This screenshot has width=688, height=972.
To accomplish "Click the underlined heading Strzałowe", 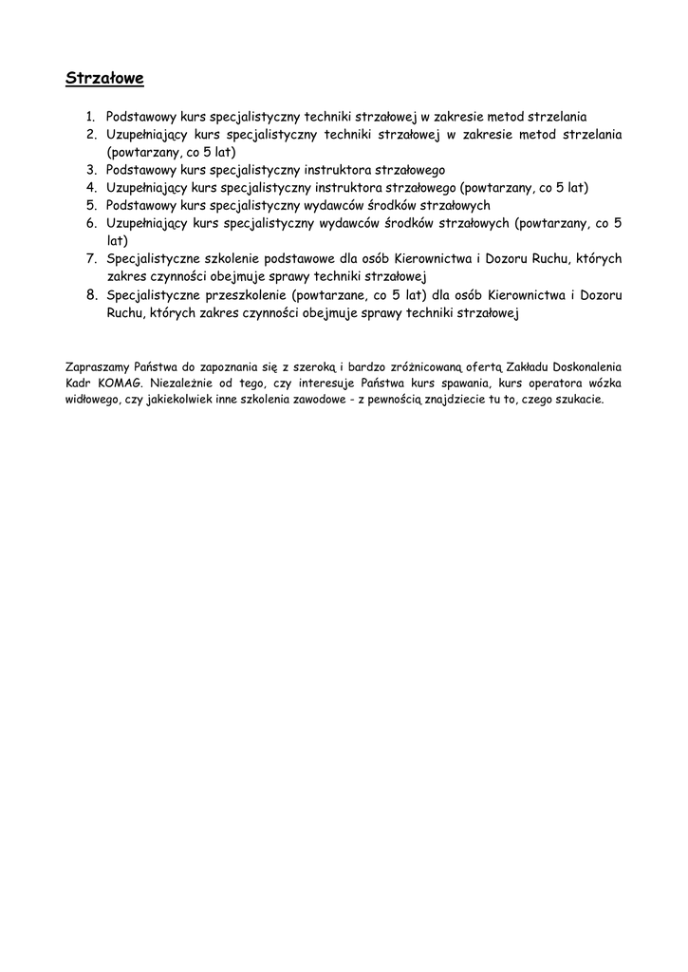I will (104, 78).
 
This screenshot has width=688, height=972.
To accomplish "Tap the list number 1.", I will (91, 118).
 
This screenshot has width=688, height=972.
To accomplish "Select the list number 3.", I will (92, 170).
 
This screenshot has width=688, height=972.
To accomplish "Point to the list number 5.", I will (92, 205).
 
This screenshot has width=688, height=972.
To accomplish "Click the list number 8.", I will (92, 294).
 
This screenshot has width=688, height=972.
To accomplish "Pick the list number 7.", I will (92, 259).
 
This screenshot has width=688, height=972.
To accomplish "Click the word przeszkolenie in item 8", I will (246, 295).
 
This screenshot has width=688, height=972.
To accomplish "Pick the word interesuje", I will (327, 383).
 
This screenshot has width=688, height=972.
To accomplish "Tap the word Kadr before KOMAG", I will (79, 383).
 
